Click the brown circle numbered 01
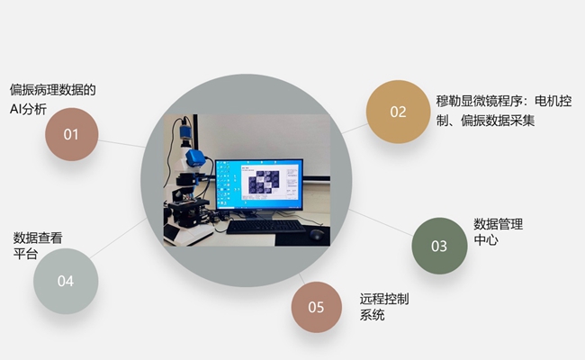[72, 134]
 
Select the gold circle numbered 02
[398, 112]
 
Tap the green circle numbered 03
[439, 246]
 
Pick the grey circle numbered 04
[66, 281]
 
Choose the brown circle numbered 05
[317, 307]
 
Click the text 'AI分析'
[29, 109]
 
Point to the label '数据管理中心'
[498, 232]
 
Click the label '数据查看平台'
[38, 246]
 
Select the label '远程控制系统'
[384, 307]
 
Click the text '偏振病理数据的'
[52, 90]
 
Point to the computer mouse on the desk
[317, 234]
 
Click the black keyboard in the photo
[265, 227]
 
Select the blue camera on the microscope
[195, 157]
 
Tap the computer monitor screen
[259, 184]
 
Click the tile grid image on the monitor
[264, 182]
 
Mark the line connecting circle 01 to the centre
[122, 144]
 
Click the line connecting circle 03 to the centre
[381, 222]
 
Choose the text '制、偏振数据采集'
[485, 121]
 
